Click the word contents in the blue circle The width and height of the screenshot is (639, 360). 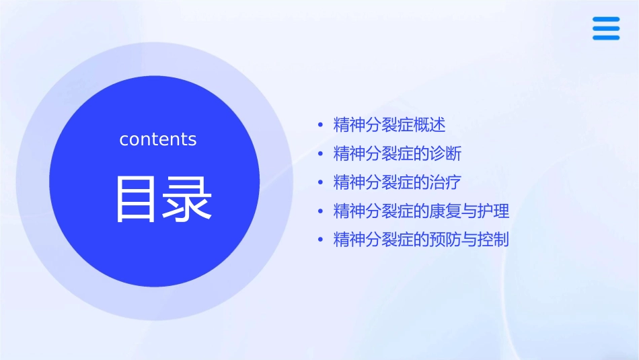point(158,139)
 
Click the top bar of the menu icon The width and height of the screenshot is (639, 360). point(606,20)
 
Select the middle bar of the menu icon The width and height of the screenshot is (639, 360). point(606,28)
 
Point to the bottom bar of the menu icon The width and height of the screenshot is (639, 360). point(606,38)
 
